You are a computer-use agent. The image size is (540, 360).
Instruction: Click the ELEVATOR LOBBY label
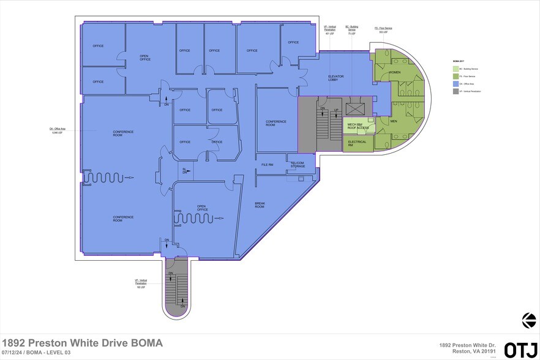click(x=337, y=78)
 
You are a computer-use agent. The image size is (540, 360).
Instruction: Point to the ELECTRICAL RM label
click(x=357, y=143)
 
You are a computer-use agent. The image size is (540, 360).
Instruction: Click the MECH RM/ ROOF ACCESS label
click(x=357, y=127)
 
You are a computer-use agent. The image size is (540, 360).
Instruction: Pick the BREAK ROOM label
click(x=260, y=205)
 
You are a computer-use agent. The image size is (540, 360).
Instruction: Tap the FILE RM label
click(x=267, y=165)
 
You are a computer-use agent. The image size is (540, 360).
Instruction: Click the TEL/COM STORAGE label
click(x=298, y=164)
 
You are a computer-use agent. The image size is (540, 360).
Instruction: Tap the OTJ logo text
click(x=519, y=349)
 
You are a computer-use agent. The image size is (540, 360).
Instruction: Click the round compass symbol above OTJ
click(x=528, y=320)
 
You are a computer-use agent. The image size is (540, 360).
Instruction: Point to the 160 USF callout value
click(x=141, y=287)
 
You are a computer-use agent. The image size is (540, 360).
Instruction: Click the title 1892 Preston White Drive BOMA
click(x=83, y=342)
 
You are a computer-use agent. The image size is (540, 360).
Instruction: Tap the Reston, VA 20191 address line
click(x=471, y=352)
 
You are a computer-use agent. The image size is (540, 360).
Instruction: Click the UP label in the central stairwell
click(x=336, y=110)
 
